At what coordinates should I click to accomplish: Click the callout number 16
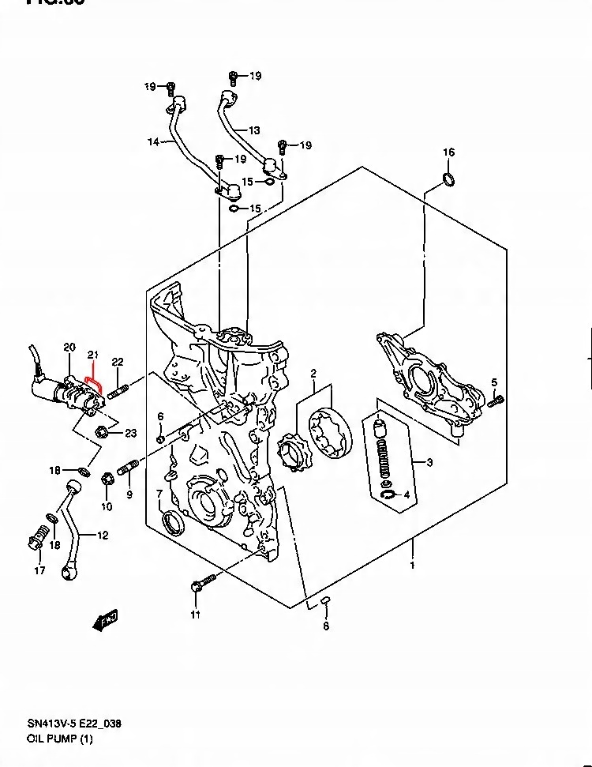(x=448, y=152)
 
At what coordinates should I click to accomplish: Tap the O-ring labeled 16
(x=448, y=180)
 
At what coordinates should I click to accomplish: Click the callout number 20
(x=69, y=348)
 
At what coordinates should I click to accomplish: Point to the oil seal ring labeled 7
(x=170, y=522)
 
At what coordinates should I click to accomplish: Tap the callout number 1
(x=411, y=565)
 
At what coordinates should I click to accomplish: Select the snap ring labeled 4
(x=388, y=495)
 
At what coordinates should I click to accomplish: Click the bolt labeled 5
(x=496, y=401)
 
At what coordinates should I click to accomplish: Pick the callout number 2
(x=313, y=373)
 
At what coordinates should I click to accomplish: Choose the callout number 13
(x=253, y=130)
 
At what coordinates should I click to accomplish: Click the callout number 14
(x=153, y=142)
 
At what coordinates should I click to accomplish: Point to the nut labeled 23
(x=101, y=432)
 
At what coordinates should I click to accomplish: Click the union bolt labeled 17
(x=35, y=543)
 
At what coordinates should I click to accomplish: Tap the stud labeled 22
(x=118, y=390)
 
